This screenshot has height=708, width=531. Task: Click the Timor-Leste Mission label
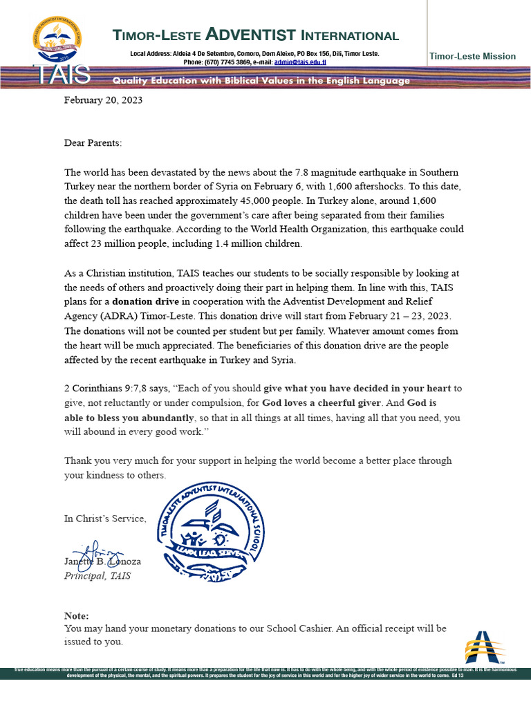click(x=472, y=56)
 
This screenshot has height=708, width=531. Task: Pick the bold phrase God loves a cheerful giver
click(x=322, y=403)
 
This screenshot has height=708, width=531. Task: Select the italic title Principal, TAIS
click(x=97, y=576)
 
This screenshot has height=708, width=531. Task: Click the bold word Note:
click(x=76, y=615)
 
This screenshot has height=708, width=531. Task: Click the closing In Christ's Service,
click(x=105, y=519)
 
